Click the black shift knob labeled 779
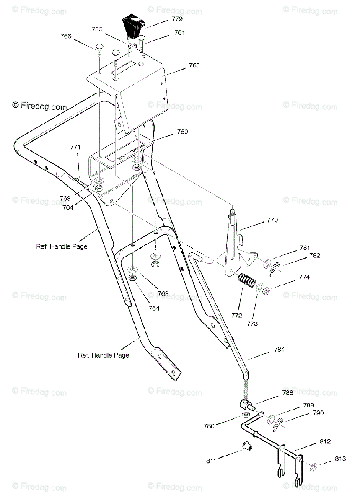pos(133,27)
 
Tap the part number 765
pos(194,65)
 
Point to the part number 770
pos(272,220)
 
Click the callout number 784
pos(279,350)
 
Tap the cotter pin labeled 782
pos(275,269)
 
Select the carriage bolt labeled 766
pos(99,50)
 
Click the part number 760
pos(182,132)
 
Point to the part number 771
pos(75,147)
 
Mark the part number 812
pos(325,441)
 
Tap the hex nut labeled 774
pos(266,291)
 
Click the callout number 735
pos(97,29)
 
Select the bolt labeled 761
pos(142,43)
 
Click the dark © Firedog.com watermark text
pos(39,106)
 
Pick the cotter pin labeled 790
pos(278,424)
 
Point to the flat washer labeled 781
pos(267,264)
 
